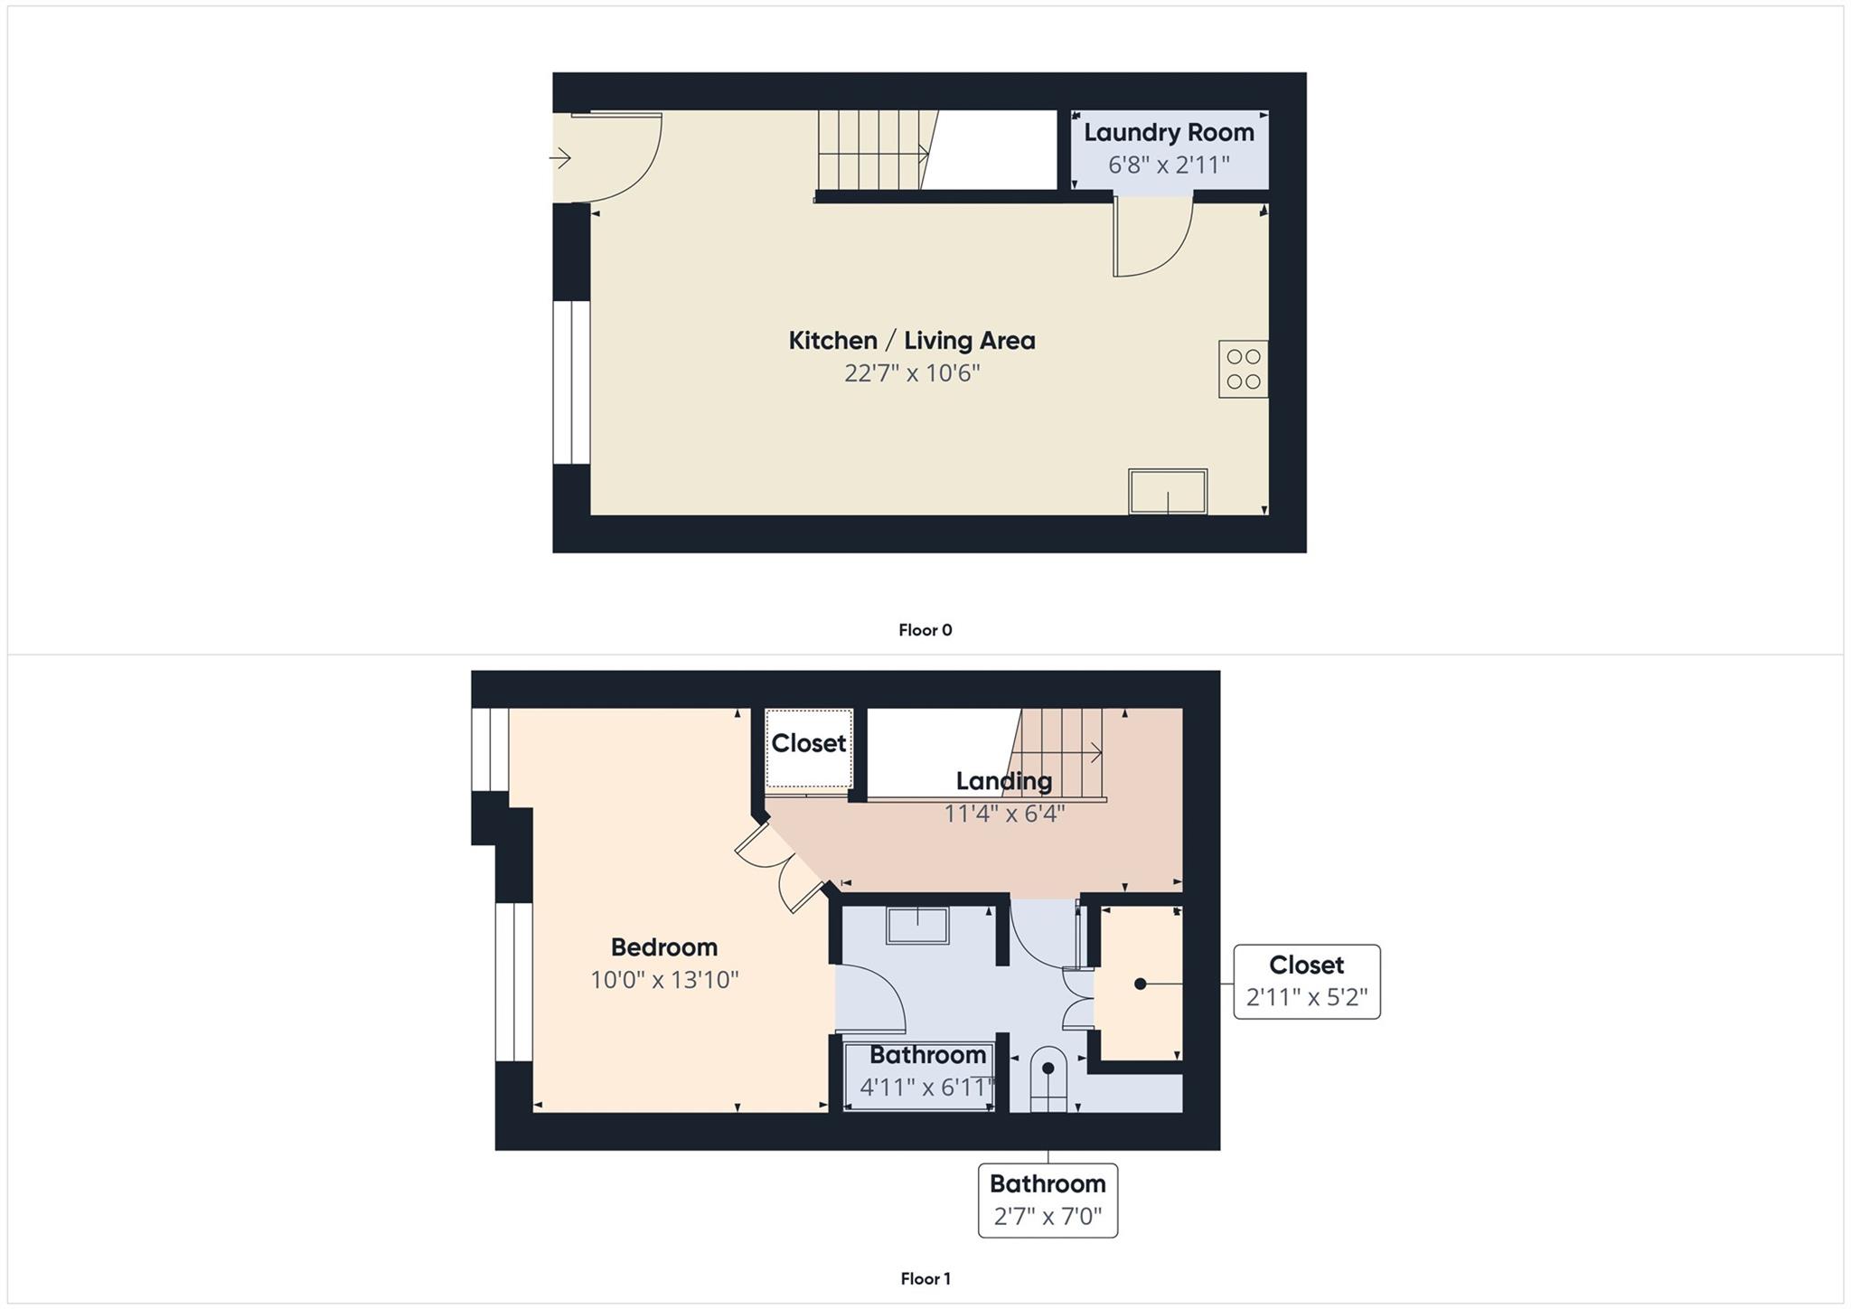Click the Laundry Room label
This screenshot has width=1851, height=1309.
point(1169,133)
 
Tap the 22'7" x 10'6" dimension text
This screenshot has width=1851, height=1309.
point(911,373)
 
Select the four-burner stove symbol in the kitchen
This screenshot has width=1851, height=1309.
point(1243,369)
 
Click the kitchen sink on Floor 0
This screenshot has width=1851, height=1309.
point(1167,491)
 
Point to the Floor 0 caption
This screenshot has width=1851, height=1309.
point(925,630)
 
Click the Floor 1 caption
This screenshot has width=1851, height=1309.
point(925,1278)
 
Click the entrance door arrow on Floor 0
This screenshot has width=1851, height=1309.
point(560,159)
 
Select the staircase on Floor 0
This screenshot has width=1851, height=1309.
point(872,150)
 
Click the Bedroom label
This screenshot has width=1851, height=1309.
point(663,947)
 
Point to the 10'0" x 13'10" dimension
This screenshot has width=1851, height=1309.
point(664,980)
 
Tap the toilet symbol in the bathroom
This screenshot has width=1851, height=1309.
point(1048,1078)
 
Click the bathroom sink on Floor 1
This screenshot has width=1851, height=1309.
point(917,926)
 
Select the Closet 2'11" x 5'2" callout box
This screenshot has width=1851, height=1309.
point(1306,981)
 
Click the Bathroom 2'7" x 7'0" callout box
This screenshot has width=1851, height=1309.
point(1048,1200)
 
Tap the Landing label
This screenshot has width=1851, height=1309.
point(1003,781)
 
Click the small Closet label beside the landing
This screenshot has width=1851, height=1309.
point(808,743)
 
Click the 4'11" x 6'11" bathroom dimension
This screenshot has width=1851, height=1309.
point(926,1088)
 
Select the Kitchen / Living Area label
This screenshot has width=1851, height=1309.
point(911,341)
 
